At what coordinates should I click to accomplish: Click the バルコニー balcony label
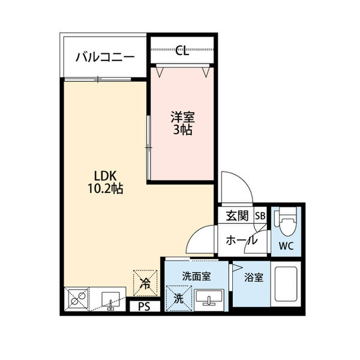point(105,58)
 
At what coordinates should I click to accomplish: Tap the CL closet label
point(182,51)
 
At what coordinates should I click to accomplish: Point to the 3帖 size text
point(182,130)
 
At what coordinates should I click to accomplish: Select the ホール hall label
point(242,241)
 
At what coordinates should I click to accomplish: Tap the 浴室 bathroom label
point(253,278)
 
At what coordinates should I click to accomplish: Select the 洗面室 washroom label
point(196,277)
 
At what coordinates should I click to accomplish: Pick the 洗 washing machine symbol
point(179,297)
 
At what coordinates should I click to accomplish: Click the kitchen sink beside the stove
point(110,298)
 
